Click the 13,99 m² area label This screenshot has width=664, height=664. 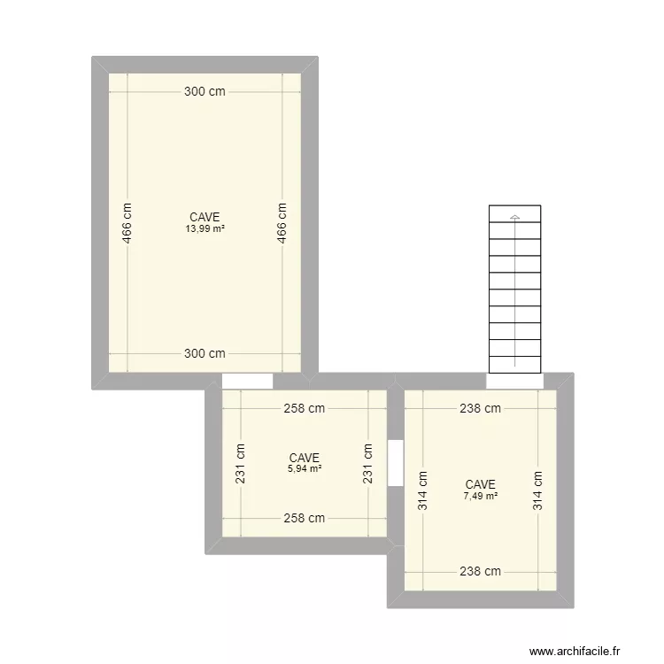pos(205,228)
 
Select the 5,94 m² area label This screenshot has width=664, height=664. pos(304,468)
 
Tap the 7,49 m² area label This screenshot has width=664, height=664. pos(480,496)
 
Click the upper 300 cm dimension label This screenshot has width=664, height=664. pos(205,91)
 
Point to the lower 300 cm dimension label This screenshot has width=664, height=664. pos(205,353)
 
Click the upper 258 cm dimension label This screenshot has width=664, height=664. pos(304,409)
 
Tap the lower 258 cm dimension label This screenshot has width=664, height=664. pos(304,519)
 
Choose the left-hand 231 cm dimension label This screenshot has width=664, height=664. pos(241,463)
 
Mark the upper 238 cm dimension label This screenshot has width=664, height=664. pos(480,409)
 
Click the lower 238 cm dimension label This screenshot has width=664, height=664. pos(480,572)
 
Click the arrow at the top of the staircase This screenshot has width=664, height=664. pos(514,217)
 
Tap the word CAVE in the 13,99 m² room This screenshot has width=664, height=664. pos(205,217)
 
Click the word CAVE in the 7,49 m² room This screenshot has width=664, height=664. pos(480,484)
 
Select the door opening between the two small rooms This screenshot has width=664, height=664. pos(396,463)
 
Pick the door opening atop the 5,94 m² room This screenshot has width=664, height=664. pos(247,382)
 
